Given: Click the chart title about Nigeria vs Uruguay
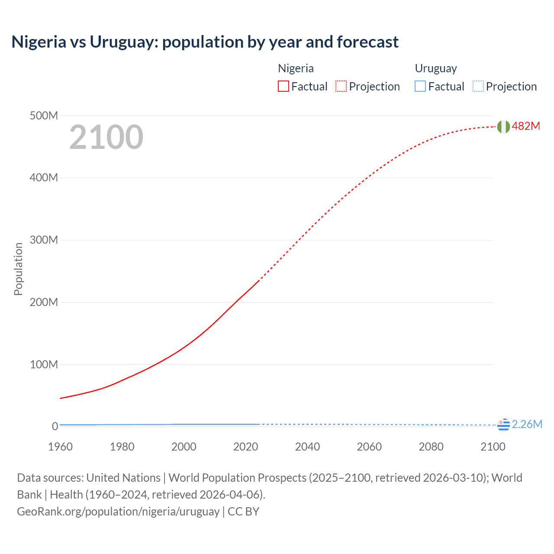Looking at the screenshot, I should pos(205,42).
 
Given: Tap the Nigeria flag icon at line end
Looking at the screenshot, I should pos(503,126).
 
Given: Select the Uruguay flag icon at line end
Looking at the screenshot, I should pos(503,425).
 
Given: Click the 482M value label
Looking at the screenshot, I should pos(526,126).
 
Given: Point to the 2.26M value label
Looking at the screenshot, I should pos(527,424).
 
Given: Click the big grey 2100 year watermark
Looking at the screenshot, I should pos(106,137).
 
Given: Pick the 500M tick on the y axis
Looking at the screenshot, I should pos(44,116).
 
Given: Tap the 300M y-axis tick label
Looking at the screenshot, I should pos(44,240).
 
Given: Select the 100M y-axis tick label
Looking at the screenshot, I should pos(44,364).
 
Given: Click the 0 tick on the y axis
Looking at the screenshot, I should pos(55,426).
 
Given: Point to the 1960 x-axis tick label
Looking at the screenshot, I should pos(60,447).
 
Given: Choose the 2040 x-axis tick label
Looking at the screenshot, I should pos(307,447).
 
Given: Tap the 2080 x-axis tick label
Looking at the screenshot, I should pos(431,447).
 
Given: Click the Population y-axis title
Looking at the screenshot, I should pos(18,269).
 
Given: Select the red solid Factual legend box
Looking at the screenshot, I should pos(283,86).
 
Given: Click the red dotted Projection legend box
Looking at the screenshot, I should pos(341,86).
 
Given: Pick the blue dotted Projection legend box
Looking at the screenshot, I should pos(478,86).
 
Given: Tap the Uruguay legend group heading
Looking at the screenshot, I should pos(436,68).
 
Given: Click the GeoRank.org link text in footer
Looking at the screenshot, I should pos(118,511).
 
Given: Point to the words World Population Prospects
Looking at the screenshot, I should pos(237,478).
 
